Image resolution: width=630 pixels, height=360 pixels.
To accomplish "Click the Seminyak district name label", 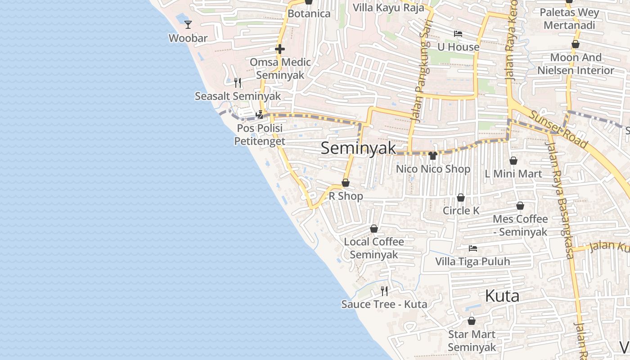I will tap(359, 148).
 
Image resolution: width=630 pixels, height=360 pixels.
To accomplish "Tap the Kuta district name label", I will tap(502, 296).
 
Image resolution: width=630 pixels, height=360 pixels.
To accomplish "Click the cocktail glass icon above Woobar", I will tap(188, 25).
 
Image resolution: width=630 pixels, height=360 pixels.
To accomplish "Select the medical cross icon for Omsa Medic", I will tap(280, 49).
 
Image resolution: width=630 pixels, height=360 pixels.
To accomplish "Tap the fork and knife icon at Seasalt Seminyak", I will tap(238, 82).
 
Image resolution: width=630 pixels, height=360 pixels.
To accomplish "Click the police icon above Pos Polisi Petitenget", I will tap(260, 115).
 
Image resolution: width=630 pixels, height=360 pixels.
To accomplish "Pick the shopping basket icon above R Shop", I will tap(346, 183).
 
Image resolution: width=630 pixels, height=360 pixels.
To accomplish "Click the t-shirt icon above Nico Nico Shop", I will tap(433, 156).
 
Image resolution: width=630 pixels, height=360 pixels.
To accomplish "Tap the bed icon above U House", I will tap(458, 34).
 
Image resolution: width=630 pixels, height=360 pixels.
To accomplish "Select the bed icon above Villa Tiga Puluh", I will tap(472, 248).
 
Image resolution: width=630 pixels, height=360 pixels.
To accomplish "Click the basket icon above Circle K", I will tap(461, 198).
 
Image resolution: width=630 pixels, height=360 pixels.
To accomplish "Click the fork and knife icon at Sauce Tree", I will tap(384, 291).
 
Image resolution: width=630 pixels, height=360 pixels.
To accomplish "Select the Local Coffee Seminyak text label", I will tap(374, 248).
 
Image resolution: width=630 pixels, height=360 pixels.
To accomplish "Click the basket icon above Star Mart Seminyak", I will tap(472, 321).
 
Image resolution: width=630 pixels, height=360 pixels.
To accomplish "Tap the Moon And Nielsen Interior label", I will tap(576, 64).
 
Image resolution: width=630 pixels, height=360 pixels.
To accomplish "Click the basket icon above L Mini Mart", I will tap(513, 161).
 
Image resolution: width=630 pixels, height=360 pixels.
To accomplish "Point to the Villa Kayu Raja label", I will tap(388, 8).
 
